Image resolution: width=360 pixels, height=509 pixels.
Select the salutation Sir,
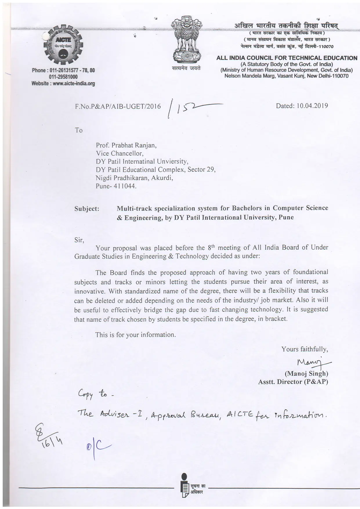point(79,240)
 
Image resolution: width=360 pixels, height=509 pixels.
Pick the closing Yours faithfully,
point(305,349)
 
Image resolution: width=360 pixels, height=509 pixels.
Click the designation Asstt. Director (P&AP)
point(293,382)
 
